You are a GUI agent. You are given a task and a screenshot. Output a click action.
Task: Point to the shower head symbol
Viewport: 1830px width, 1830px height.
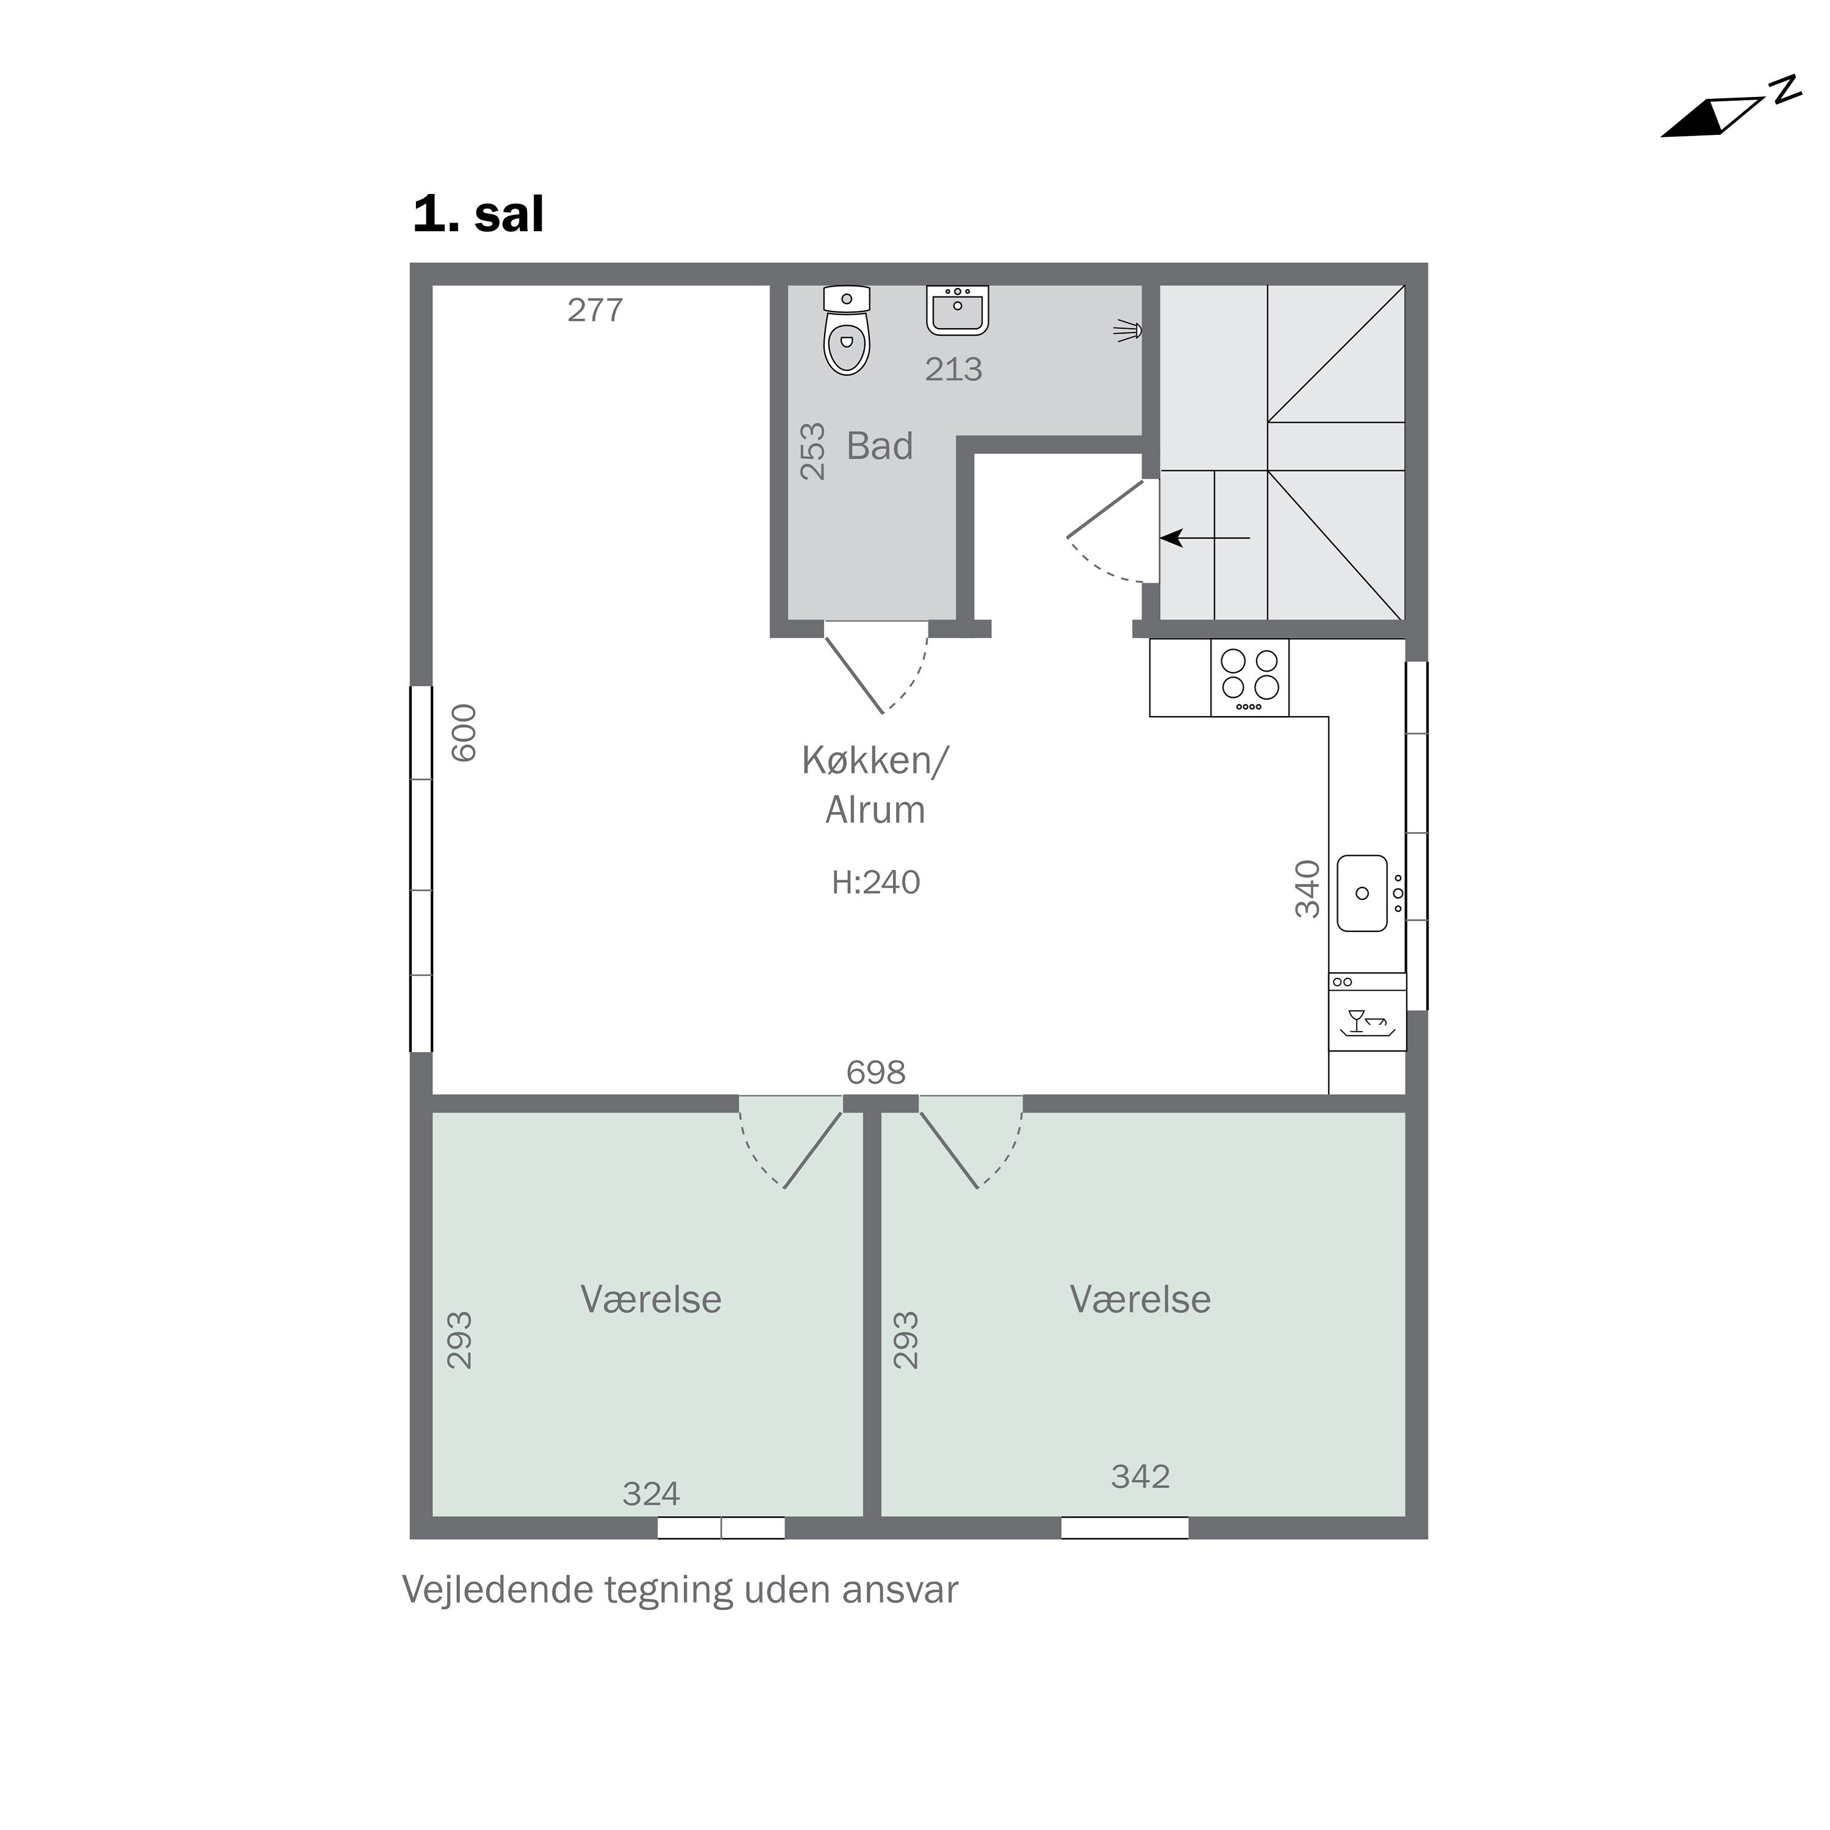pos(1128,331)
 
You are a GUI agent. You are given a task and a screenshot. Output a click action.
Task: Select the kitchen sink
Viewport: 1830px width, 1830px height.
pos(1362,893)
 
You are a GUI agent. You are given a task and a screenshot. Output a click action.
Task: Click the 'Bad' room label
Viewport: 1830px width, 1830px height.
pos(879,446)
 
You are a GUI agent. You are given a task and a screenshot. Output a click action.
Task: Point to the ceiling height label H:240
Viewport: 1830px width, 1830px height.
pos(875,883)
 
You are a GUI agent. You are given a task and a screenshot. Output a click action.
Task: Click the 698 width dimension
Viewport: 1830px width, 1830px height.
pos(875,1072)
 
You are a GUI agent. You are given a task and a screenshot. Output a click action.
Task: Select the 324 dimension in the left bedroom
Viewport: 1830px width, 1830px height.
pos(651,1494)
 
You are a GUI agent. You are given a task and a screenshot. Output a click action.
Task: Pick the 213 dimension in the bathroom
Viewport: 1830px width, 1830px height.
pos(953,370)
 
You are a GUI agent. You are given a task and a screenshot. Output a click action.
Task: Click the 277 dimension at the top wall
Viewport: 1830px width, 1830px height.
pos(595,310)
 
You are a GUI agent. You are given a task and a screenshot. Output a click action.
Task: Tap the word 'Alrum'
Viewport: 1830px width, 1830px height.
pos(875,811)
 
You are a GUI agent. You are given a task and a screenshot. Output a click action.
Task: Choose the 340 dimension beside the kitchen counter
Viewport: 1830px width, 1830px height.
pos(1307,889)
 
